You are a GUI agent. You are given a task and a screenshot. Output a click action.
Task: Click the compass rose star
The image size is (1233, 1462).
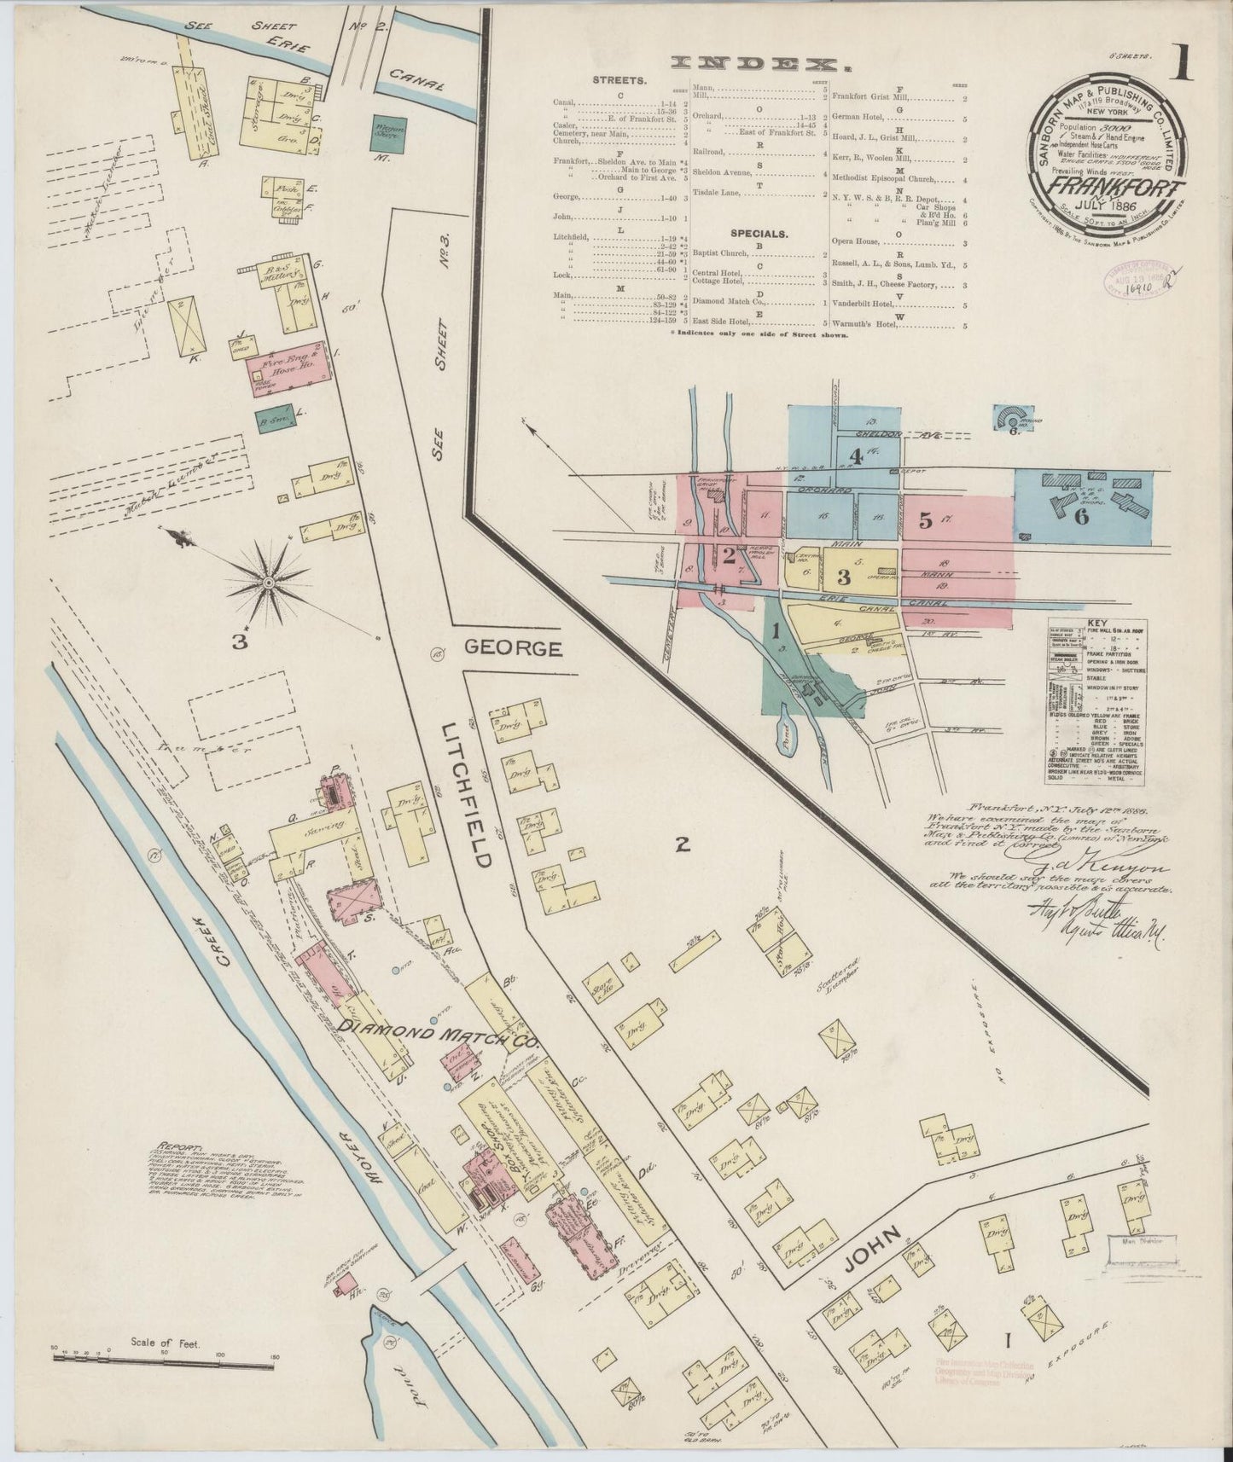click(x=268, y=582)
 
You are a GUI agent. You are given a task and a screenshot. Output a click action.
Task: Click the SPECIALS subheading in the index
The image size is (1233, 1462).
click(x=758, y=232)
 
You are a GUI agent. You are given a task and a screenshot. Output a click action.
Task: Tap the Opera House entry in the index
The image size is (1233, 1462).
click(x=856, y=243)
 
